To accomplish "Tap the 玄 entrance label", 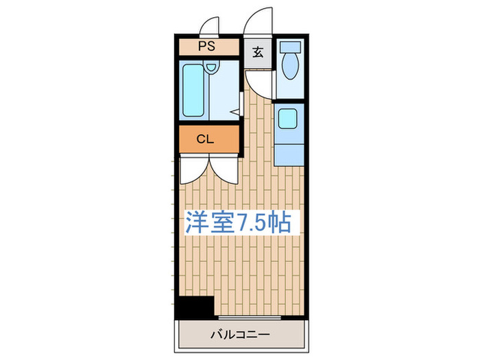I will [258, 52].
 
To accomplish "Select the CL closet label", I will [205, 139].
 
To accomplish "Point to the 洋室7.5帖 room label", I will [237, 222].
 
